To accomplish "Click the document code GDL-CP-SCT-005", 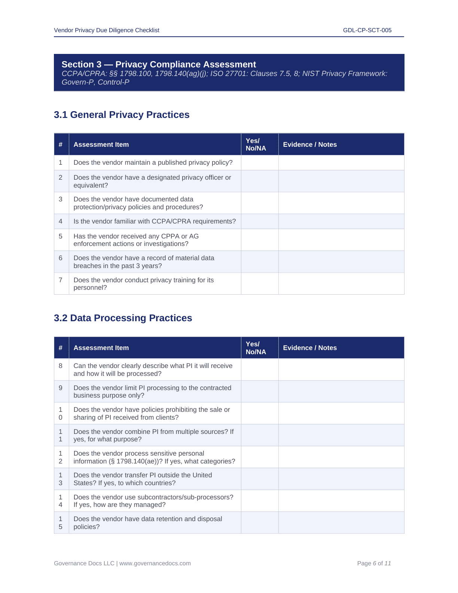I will click(x=367, y=30).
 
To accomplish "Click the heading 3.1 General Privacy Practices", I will click(x=122, y=115).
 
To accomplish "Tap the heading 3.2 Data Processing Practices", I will click(x=123, y=318).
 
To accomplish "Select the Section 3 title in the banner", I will click(x=159, y=64).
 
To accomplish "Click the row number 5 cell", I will click(x=61, y=236).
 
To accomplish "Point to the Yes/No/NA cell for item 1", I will click(x=260, y=163).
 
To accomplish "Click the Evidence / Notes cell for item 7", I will click(x=341, y=284).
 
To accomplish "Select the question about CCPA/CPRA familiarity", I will click(x=155, y=221).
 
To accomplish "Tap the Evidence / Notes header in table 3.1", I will click(x=310, y=145).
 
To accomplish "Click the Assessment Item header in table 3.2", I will click(x=101, y=348).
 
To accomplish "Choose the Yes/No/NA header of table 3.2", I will click(x=256, y=348).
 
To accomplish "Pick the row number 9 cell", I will click(x=61, y=388).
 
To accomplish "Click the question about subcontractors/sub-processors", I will click(x=153, y=501).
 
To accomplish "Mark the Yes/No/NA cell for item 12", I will click(x=260, y=457).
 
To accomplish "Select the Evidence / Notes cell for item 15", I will click(x=341, y=523).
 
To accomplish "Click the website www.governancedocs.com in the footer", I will click(x=155, y=563).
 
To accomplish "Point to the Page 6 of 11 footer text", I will click(x=374, y=563).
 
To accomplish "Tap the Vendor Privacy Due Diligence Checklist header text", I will click(x=107, y=30).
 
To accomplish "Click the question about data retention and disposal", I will click(x=147, y=523).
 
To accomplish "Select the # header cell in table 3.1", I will click(x=61, y=145).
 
